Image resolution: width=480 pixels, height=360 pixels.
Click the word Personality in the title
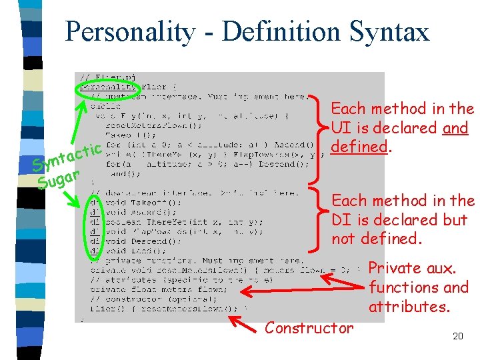click(x=130, y=31)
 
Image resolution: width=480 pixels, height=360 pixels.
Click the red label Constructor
click(x=309, y=327)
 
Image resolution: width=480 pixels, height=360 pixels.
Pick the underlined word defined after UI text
click(x=360, y=146)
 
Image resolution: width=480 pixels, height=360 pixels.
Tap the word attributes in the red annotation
click(x=409, y=307)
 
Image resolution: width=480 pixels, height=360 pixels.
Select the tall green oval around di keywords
click(x=95, y=227)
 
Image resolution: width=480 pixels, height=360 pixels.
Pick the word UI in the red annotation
click(x=340, y=127)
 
